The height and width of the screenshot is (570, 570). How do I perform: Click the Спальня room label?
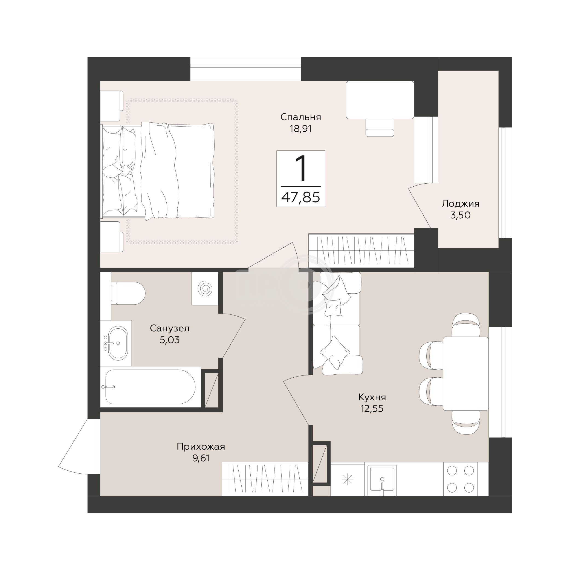click(x=301, y=117)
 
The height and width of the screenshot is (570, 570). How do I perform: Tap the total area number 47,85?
click(x=301, y=197)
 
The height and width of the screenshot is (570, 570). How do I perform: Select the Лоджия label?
click(x=461, y=204)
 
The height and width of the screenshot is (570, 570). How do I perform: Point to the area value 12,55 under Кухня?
click(x=372, y=409)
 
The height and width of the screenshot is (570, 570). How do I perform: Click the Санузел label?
click(x=170, y=328)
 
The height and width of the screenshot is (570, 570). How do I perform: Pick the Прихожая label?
click(x=201, y=447)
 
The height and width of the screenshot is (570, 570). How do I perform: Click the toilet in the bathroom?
click(x=128, y=293)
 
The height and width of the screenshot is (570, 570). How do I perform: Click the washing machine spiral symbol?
click(x=205, y=288)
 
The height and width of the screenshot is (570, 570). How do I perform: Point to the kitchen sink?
click(x=382, y=480)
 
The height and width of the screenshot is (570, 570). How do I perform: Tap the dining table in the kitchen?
click(x=466, y=374)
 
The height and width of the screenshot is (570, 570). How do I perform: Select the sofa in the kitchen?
click(x=337, y=323)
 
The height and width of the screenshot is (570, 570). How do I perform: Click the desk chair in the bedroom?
click(x=380, y=128)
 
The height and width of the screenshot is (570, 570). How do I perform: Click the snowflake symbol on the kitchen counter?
click(x=347, y=479)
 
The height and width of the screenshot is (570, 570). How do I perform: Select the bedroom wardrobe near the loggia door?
click(x=361, y=250)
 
